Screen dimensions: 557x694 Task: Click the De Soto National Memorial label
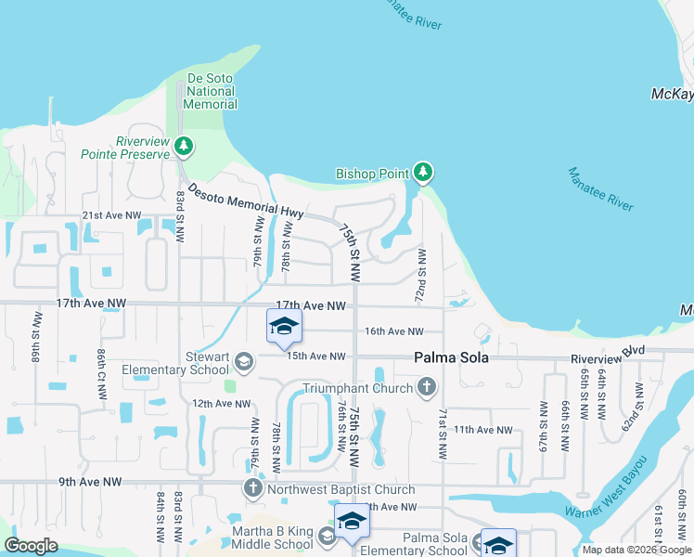211,91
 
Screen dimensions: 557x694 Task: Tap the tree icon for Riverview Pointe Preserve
184,146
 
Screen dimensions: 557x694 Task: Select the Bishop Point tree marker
423,172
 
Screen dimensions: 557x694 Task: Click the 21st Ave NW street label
112,214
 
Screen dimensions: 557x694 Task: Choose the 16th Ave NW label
393,331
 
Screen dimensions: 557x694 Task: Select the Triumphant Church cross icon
426,386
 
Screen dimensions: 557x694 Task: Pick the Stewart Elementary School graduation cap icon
243,361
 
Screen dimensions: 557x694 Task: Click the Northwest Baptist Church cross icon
252,488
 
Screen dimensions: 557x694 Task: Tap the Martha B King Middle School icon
326,536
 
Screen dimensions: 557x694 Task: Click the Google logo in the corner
32,546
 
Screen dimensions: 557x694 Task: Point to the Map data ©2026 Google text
636,550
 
